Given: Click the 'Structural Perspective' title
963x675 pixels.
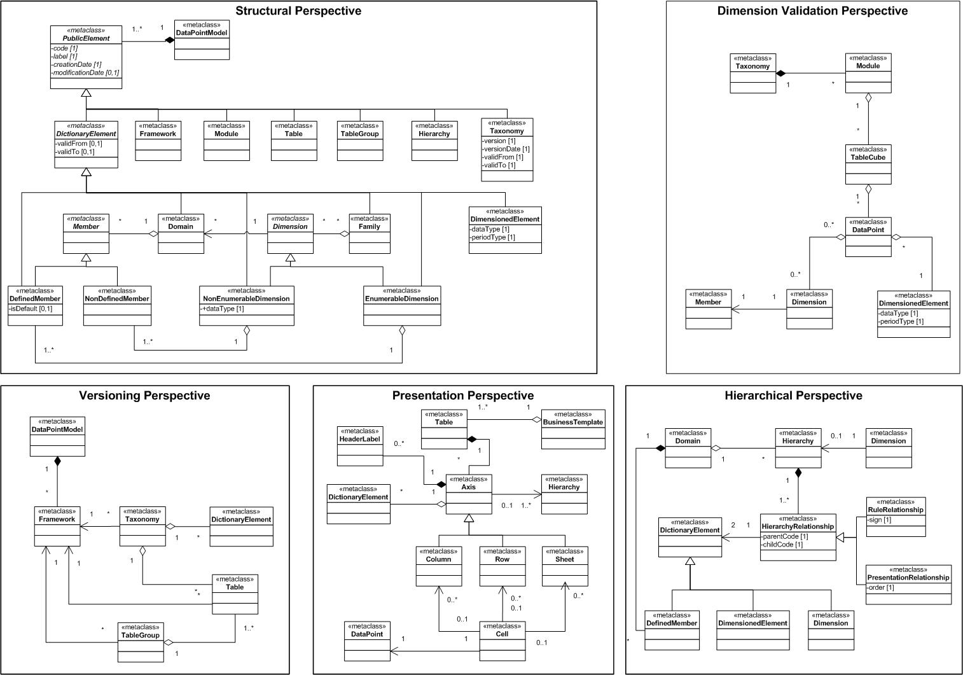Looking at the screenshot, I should [298, 11].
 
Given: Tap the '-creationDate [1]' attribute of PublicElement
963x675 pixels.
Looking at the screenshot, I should [77, 64].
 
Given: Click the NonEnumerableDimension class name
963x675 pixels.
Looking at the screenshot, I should [247, 298].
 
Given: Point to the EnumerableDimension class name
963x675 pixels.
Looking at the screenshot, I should [402, 298].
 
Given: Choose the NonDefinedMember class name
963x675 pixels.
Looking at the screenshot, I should [117, 298].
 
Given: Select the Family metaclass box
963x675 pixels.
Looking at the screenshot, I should [370, 233].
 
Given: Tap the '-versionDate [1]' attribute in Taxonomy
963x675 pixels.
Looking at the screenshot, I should [506, 149].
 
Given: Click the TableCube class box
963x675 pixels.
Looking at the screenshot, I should [868, 165].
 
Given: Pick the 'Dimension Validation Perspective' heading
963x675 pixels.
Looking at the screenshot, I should [812, 11].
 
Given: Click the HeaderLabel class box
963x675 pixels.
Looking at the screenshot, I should [360, 445].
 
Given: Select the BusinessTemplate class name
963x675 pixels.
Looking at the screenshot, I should [573, 422].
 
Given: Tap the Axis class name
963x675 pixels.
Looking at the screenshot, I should [469, 487].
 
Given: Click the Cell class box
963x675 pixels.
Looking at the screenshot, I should [502, 641].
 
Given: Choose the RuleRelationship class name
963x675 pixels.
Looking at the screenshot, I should [896, 510].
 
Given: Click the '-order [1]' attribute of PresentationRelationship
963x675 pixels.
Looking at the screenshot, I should [882, 587].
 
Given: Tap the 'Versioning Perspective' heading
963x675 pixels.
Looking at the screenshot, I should [144, 396].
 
